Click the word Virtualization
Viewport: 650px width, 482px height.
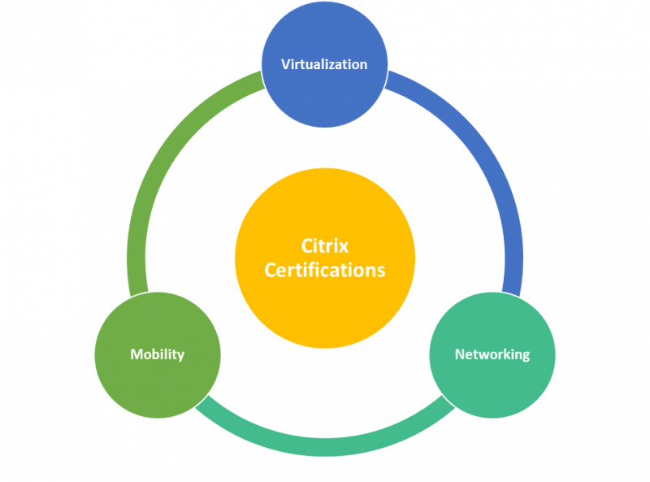(x=324, y=64)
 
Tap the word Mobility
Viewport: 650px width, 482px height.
(x=158, y=354)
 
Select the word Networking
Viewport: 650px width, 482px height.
(x=492, y=354)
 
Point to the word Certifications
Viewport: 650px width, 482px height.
(x=325, y=270)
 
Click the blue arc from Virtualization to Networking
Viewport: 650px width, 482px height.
(x=496, y=179)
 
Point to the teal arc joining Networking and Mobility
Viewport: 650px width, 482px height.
(x=325, y=446)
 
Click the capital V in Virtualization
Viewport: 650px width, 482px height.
(x=285, y=64)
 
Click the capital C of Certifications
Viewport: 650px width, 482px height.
(x=271, y=270)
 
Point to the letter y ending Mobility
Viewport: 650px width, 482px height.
(x=181, y=356)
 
